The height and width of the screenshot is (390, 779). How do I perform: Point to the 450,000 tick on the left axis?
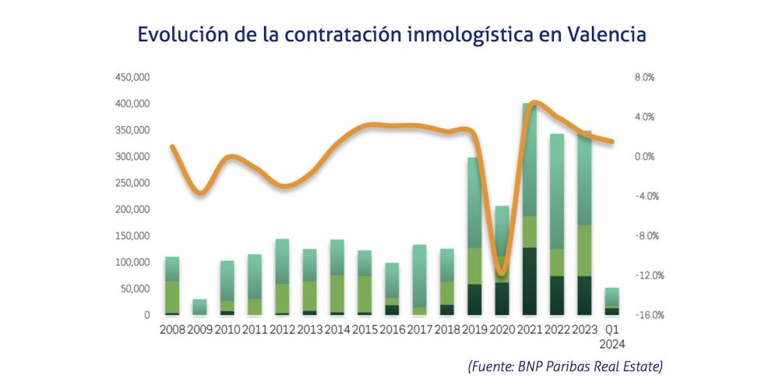point(132,77)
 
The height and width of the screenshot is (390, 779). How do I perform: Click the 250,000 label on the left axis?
point(132,183)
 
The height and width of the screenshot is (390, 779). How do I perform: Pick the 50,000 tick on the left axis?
point(135,289)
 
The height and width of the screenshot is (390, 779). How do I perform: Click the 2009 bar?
point(200,307)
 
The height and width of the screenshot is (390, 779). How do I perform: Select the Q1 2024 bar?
point(612,301)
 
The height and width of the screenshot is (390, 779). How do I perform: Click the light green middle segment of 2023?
point(584,250)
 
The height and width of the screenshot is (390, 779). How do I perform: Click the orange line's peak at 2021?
point(532,103)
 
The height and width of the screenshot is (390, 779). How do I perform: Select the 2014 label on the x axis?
point(337,329)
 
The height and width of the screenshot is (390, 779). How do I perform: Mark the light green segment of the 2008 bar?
point(172,297)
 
